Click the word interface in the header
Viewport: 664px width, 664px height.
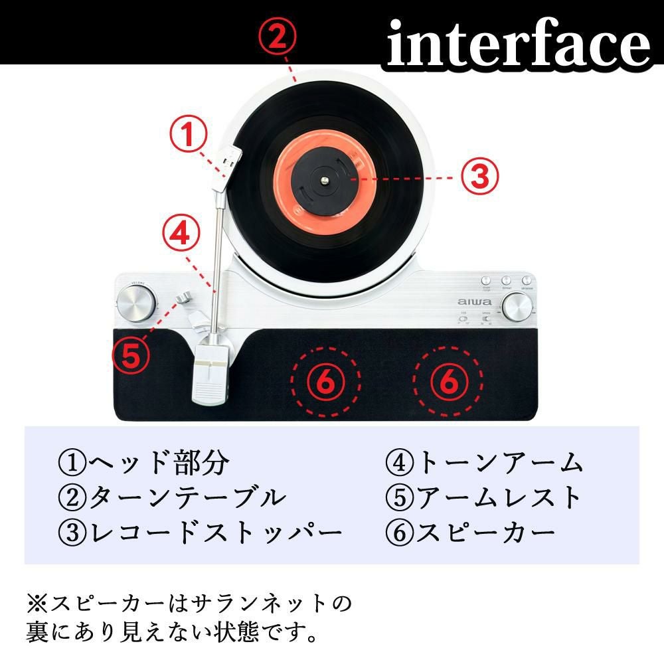tap(519, 42)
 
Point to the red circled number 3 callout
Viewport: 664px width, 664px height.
tap(480, 177)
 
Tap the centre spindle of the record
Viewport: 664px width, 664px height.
tap(323, 177)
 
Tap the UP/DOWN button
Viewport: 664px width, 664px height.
tap(528, 282)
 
